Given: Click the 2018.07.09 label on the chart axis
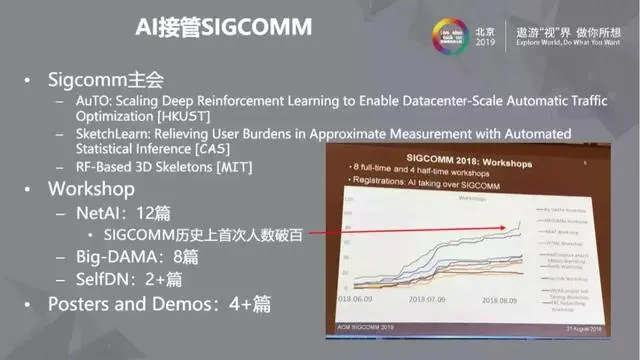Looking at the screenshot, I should click(430, 298).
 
